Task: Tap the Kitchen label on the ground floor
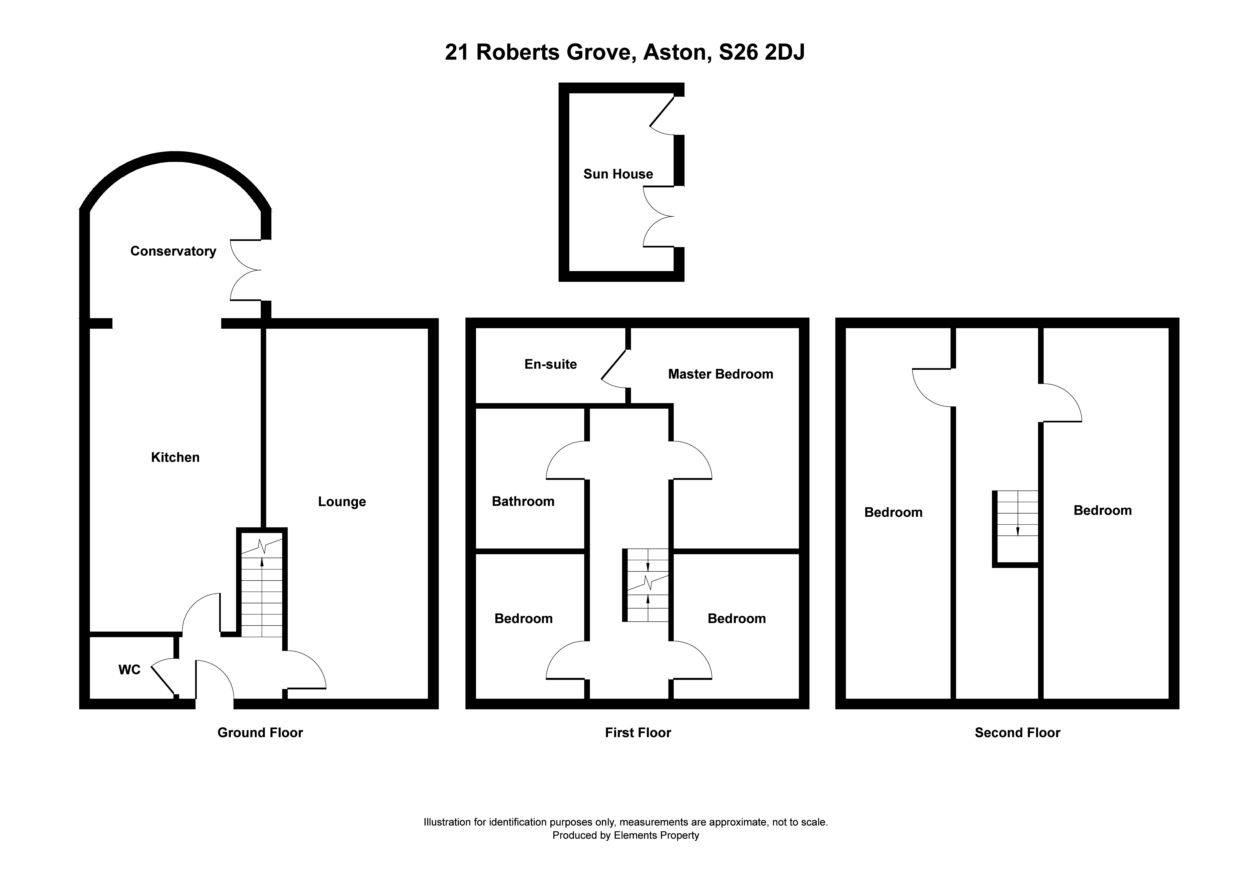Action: [x=175, y=457]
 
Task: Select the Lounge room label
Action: [x=342, y=502]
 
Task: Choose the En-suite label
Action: [x=551, y=364]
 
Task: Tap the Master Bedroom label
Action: [x=720, y=374]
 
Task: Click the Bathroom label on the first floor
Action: [x=523, y=501]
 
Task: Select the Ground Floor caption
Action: [x=260, y=733]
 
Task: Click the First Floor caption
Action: [x=638, y=733]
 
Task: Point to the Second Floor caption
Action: [x=1017, y=733]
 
